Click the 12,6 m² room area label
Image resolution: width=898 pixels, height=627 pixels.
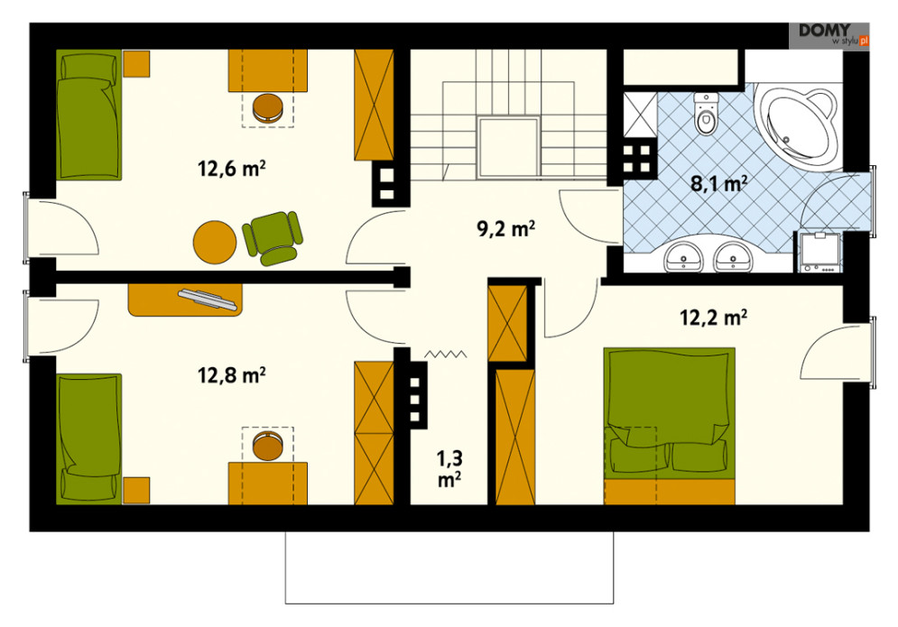coord(231,169)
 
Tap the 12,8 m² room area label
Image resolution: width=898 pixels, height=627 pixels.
coord(231,375)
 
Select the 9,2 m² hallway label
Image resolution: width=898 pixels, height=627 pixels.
coord(505,228)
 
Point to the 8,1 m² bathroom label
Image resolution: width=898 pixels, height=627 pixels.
coord(718,184)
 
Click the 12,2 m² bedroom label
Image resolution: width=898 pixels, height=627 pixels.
coord(713,317)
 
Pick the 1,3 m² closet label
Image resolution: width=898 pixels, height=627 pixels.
coord(449,468)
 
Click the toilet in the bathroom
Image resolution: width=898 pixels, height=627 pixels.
coord(706,114)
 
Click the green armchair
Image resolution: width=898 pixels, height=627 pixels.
coord(273,237)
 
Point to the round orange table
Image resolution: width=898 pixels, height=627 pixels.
coord(215,242)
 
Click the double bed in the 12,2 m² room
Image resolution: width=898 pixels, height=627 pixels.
coord(670,426)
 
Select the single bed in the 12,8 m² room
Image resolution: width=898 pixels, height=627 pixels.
coord(88,438)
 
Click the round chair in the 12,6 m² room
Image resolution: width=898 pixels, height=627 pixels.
coord(267,107)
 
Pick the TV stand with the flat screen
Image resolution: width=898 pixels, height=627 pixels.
coord(186,300)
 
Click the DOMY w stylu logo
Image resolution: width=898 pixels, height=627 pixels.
coord(829,35)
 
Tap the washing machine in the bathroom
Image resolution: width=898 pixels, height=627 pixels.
coord(819,252)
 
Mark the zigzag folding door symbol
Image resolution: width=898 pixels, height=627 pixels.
coord(446,355)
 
